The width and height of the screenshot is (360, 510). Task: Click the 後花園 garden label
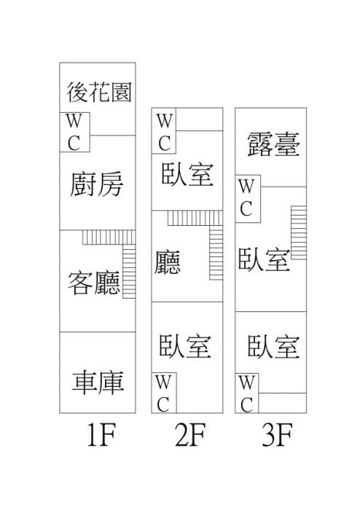click(x=99, y=92)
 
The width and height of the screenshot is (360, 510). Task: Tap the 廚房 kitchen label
click(x=97, y=184)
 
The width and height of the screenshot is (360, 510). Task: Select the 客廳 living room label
click(x=94, y=283)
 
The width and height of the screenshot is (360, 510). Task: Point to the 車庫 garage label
click(x=98, y=382)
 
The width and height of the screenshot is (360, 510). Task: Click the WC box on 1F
click(x=74, y=132)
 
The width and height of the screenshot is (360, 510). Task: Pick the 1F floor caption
click(x=101, y=434)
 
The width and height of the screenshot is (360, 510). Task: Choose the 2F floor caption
click(x=190, y=434)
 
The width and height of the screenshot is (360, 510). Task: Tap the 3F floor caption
click(x=277, y=434)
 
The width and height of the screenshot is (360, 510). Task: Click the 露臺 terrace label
click(x=273, y=145)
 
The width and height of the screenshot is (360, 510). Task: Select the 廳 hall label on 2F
click(x=167, y=262)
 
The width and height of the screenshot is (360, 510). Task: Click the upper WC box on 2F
click(x=163, y=130)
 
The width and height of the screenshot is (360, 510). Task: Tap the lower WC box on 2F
click(x=164, y=393)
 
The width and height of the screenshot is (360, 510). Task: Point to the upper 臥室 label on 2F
click(x=187, y=174)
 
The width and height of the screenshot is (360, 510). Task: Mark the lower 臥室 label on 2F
click(x=185, y=346)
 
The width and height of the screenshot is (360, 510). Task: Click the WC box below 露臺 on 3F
click(x=248, y=199)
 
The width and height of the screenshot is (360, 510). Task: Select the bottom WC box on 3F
click(x=247, y=393)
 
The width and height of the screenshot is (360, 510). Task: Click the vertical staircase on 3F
click(x=299, y=232)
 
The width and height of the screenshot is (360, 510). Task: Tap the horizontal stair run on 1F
click(x=109, y=238)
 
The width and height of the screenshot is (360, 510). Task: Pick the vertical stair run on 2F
click(x=216, y=252)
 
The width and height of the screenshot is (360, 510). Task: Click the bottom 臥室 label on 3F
click(x=273, y=347)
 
